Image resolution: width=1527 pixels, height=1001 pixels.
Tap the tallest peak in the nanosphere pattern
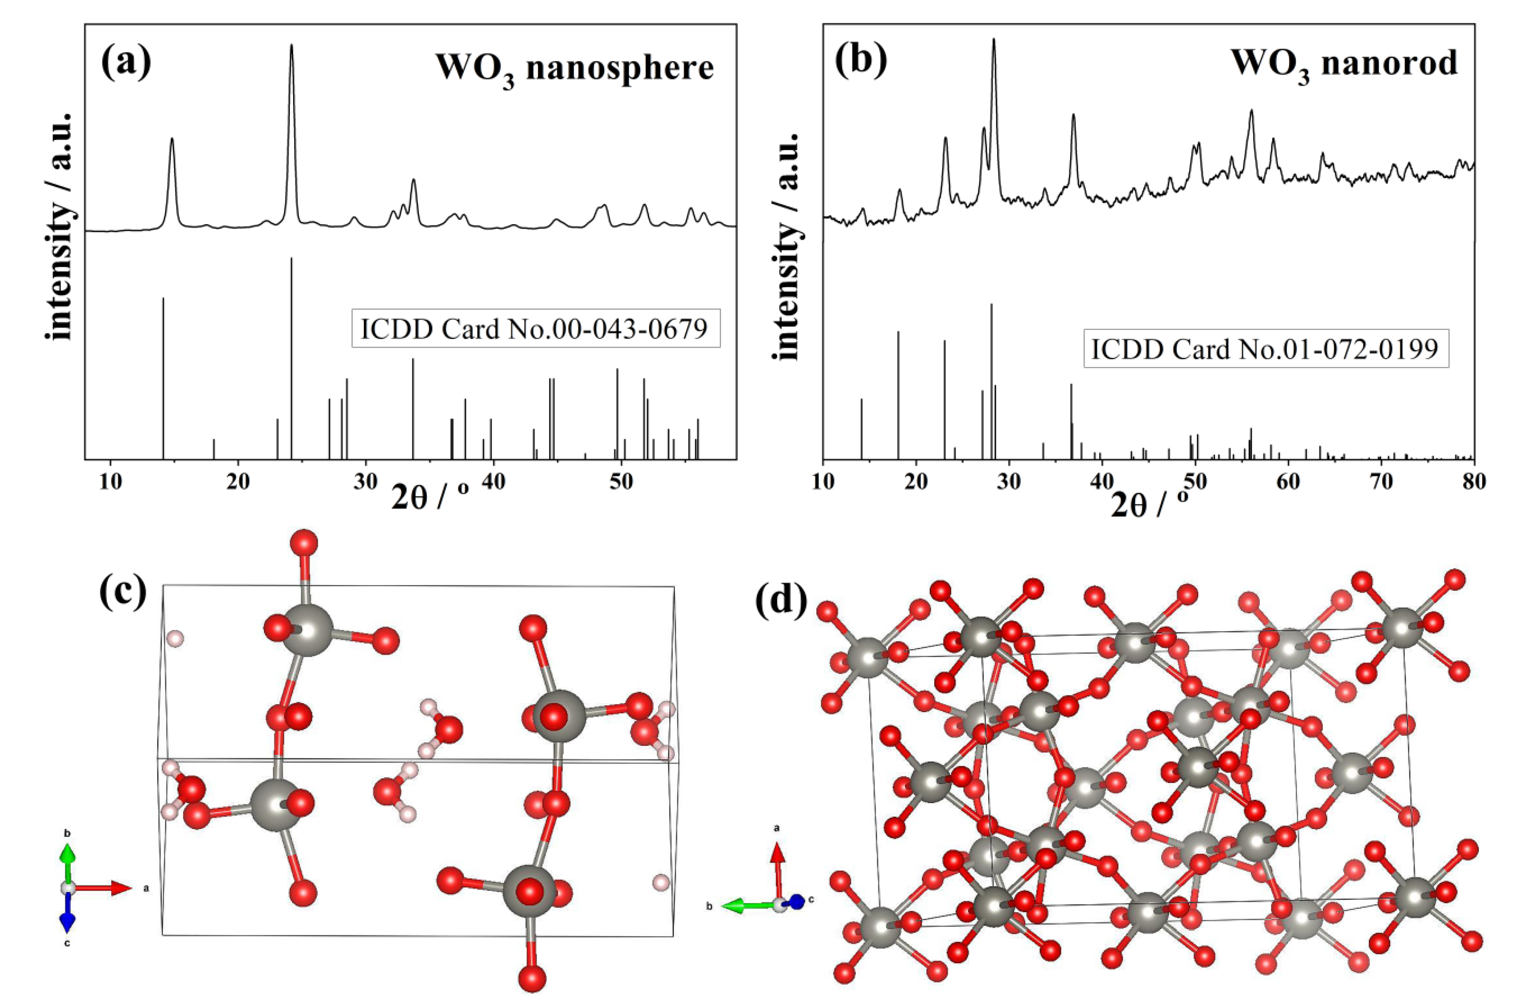click(291, 46)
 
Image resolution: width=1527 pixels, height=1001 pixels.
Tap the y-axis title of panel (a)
click(62, 228)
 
